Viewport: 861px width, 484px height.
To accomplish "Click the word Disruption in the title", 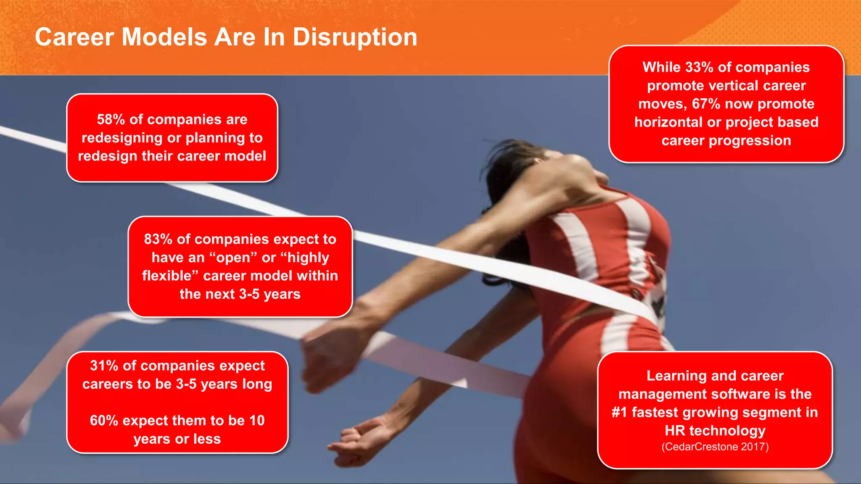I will click(x=354, y=37).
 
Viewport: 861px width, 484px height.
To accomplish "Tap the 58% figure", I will click(x=111, y=120).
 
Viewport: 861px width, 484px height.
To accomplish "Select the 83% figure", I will click(x=158, y=239).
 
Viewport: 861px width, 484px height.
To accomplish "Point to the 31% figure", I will click(x=104, y=366).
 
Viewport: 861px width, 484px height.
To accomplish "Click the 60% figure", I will click(x=104, y=421).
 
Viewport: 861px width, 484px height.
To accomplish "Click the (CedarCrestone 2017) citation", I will click(x=715, y=447).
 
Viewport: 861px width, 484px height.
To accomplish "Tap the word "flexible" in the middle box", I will click(x=167, y=276).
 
